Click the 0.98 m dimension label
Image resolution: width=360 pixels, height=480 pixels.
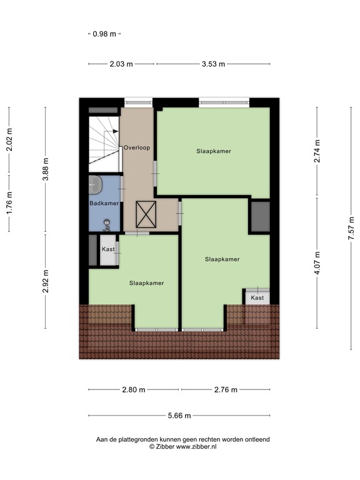click(104, 34)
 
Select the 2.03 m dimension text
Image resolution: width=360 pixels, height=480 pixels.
click(121, 64)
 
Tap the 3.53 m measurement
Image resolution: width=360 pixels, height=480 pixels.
click(213, 64)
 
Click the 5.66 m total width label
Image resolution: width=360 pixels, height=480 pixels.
click(179, 416)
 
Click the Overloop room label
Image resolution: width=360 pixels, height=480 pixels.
click(136, 148)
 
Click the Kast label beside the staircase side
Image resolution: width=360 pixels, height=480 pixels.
click(108, 249)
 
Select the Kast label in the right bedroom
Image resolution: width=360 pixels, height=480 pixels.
click(257, 298)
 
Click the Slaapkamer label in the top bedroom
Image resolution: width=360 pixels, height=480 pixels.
click(213, 151)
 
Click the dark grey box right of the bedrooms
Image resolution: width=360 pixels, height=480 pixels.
click(259, 216)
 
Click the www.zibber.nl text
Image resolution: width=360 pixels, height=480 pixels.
click(195, 447)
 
